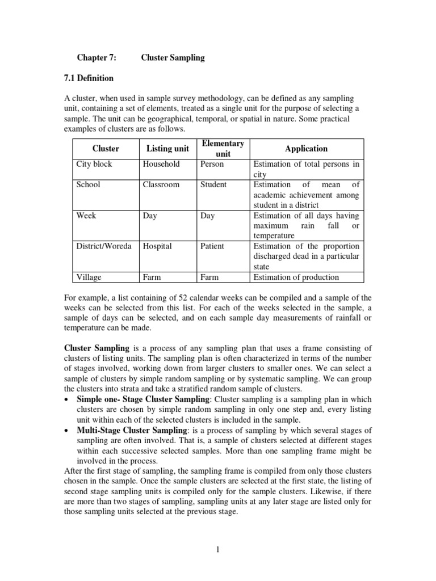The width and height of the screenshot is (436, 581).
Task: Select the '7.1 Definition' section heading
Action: point(95,78)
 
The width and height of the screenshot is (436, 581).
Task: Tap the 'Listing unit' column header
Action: point(167,149)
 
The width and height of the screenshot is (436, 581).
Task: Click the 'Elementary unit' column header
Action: point(223,149)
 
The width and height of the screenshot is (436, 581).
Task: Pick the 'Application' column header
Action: point(307,149)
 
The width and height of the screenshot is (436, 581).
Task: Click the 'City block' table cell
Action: point(94,164)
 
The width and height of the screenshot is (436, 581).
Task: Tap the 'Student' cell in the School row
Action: point(213,184)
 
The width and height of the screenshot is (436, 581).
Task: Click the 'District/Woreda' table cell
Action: point(104,246)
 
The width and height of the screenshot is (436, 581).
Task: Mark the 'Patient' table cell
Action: point(212,246)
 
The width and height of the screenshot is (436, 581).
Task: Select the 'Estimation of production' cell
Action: point(296,277)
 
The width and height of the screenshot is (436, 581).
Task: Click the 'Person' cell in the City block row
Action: point(212,164)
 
